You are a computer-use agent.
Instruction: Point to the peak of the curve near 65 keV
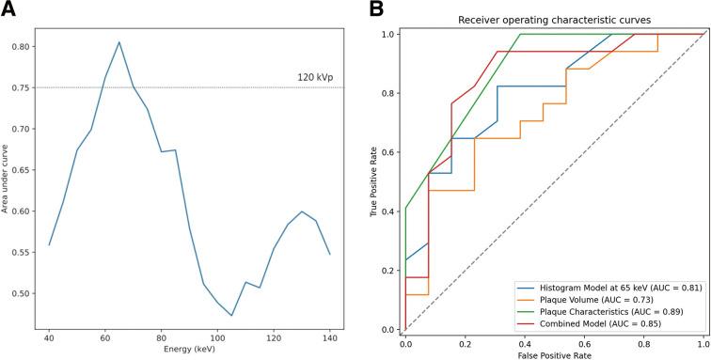pyautogui.click(x=118, y=41)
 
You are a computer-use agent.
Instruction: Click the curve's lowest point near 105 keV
pyautogui.click(x=231, y=315)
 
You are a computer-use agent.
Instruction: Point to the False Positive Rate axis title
pyautogui.click(x=553, y=354)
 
